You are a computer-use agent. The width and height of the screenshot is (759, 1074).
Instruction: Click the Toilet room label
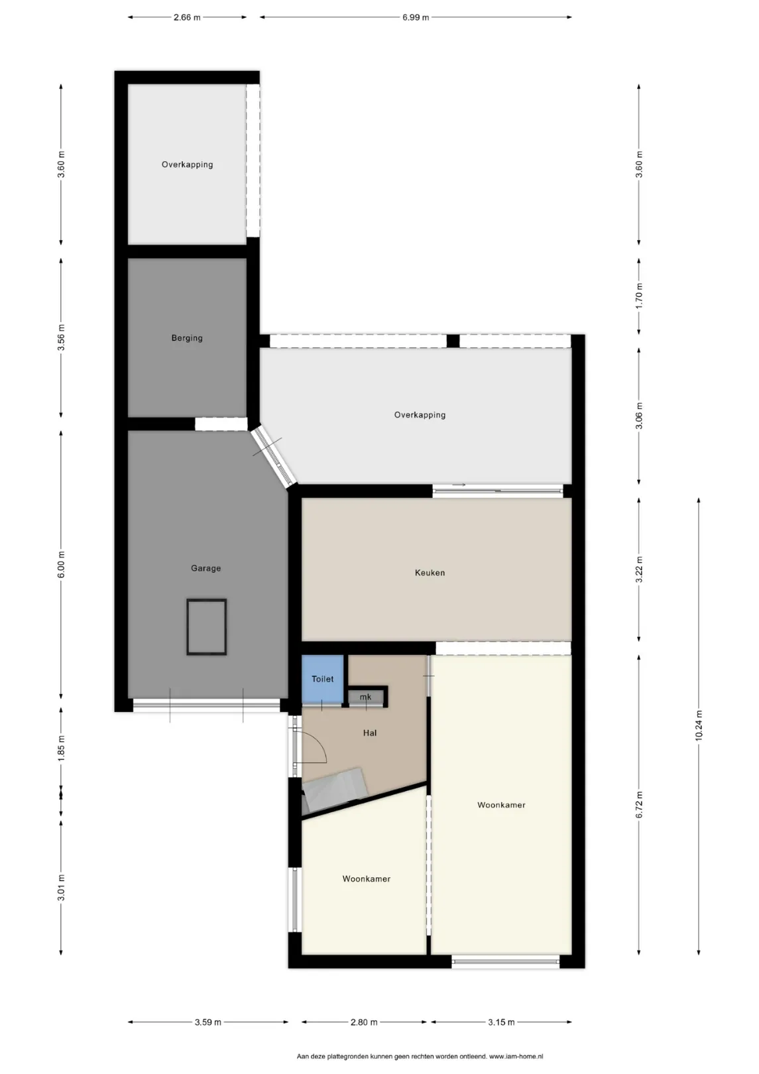tap(322, 679)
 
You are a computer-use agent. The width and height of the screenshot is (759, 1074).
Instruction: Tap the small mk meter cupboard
tap(365, 697)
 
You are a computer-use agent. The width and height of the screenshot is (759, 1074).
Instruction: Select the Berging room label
tap(187, 338)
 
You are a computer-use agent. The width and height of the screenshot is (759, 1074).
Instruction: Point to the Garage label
tap(205, 568)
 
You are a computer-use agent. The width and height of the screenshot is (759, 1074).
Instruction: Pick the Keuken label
tap(430, 573)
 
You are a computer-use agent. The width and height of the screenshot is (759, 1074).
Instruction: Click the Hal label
tap(370, 733)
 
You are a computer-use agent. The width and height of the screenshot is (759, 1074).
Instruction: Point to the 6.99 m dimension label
tap(416, 17)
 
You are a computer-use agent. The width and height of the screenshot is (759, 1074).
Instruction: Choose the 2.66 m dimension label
tap(187, 17)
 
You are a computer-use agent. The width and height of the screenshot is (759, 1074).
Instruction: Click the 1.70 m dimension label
tap(638, 296)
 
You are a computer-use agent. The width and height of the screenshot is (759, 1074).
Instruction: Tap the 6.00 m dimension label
tap(61, 564)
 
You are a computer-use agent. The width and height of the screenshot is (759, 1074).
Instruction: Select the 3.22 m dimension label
tap(638, 569)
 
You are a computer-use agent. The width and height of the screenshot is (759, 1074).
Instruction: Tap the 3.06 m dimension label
tap(638, 416)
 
